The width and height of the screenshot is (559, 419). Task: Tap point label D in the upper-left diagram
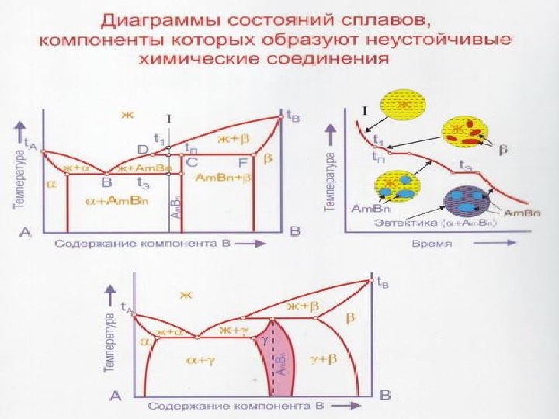[x=143, y=148]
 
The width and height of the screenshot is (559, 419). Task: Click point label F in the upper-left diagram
[x=242, y=162]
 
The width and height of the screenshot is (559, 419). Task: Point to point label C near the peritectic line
[x=192, y=162]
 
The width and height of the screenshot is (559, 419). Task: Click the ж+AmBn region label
[x=144, y=168]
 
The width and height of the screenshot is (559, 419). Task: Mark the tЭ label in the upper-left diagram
[x=165, y=183]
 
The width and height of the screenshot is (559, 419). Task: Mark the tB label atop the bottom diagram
[x=383, y=284]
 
